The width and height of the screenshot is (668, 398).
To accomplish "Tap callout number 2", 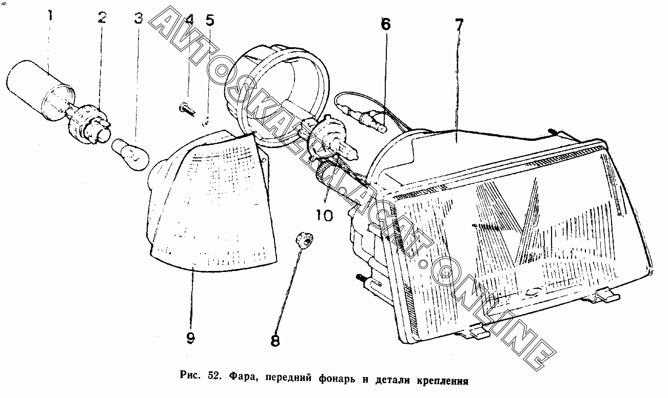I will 102,18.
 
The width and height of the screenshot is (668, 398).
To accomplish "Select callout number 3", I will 138,19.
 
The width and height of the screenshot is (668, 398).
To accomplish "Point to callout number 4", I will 189,20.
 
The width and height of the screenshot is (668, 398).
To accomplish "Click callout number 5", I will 209,20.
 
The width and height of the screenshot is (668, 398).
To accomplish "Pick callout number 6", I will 385,24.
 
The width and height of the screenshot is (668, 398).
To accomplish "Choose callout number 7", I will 459,24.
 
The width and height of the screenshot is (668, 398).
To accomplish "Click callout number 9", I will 190,339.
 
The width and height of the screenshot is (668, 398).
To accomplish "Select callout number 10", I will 324,216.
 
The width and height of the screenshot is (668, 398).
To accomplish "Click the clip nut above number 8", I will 304,239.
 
